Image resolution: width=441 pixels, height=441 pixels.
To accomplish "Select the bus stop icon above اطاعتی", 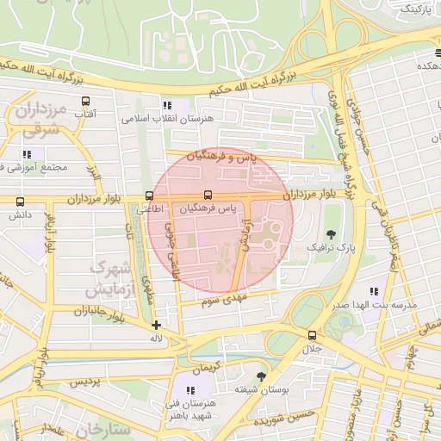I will tap(150, 196).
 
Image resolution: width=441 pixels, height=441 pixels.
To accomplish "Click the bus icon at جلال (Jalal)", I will tap(311, 335).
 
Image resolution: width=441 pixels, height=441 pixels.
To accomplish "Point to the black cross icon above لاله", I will tap(156, 325).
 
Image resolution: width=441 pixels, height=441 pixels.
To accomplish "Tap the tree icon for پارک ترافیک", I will tap(331, 234).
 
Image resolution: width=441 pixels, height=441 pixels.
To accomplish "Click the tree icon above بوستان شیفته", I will tap(262, 377).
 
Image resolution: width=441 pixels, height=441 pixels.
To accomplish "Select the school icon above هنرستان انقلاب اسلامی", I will tap(167, 104).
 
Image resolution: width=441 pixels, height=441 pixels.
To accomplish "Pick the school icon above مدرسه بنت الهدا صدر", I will tap(374, 293).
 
